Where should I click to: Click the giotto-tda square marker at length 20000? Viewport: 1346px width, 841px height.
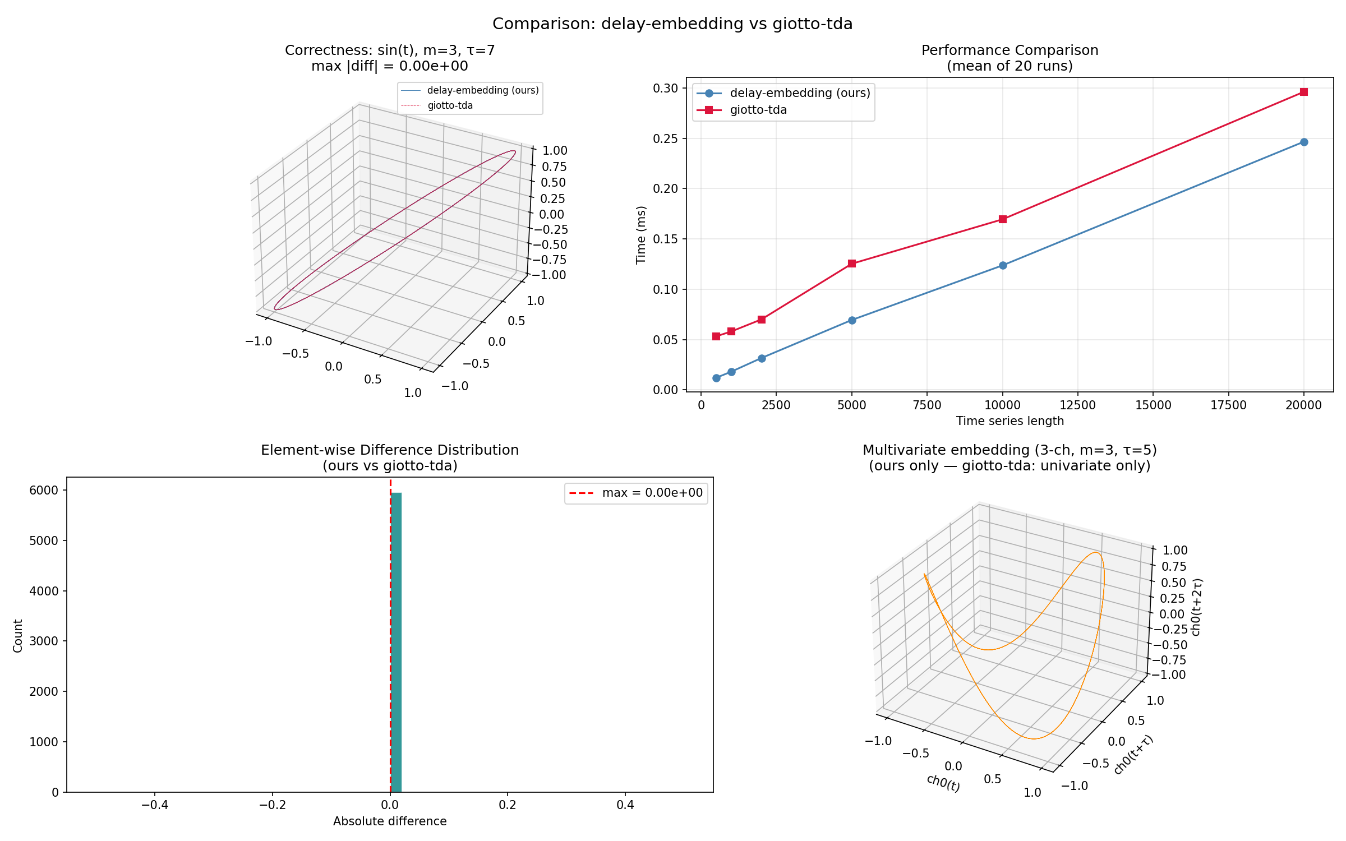(1303, 92)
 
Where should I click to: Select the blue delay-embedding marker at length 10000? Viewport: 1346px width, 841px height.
(1003, 265)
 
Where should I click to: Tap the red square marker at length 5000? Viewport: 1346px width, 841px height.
(852, 264)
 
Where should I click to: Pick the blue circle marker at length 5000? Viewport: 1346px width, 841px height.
(852, 320)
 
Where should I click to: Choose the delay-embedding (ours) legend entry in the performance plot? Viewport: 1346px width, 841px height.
(783, 93)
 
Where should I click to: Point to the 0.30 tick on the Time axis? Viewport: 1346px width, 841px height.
(666, 88)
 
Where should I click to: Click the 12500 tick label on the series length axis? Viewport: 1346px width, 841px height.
(1077, 405)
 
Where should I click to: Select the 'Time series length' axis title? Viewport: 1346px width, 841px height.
(1009, 421)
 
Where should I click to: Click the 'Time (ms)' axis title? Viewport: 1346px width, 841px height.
(641, 235)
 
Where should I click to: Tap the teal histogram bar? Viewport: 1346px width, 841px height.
(396, 642)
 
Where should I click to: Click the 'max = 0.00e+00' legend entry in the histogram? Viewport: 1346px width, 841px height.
(636, 493)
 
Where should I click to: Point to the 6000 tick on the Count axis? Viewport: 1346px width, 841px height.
(44, 490)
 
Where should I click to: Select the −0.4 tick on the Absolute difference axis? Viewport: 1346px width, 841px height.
(155, 805)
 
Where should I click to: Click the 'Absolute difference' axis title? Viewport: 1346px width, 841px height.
(390, 821)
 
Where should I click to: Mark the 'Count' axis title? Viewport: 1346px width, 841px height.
(18, 636)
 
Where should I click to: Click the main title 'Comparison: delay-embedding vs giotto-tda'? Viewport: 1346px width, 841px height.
(672, 24)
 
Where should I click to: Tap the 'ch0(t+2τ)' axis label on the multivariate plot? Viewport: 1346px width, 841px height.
(1196, 607)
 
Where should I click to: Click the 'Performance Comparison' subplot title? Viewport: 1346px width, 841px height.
(1009, 50)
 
